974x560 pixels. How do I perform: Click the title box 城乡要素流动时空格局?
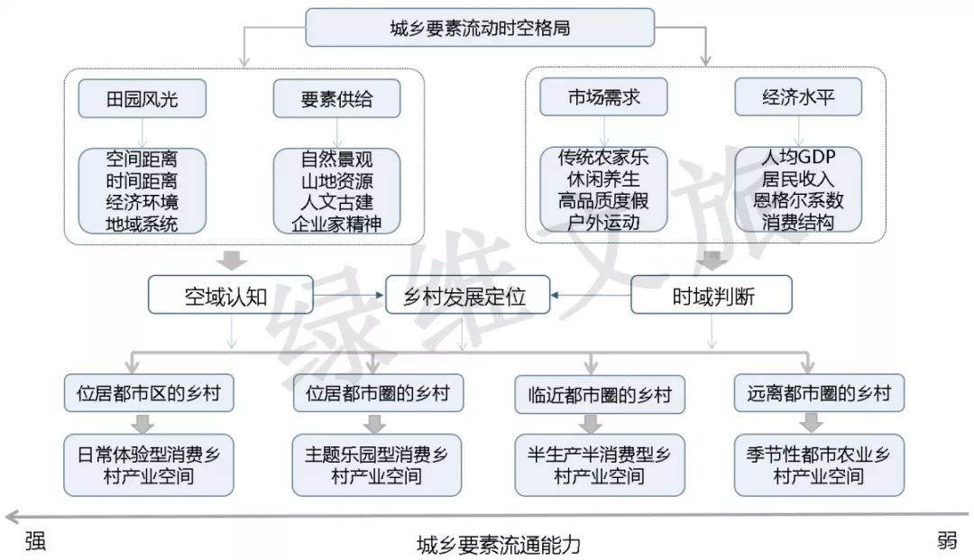(x=479, y=28)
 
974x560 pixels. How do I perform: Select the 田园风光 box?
(x=142, y=98)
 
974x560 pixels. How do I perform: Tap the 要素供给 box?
(x=336, y=98)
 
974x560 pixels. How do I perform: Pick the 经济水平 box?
(x=798, y=97)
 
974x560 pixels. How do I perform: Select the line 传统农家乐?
(x=603, y=157)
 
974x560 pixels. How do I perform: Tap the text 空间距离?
(x=142, y=158)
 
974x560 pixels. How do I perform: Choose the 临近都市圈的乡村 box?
(x=593, y=394)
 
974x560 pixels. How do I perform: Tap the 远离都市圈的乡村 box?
(x=819, y=393)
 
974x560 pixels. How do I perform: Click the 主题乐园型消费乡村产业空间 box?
(x=376, y=464)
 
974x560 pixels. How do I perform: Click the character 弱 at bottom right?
(x=946, y=540)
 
